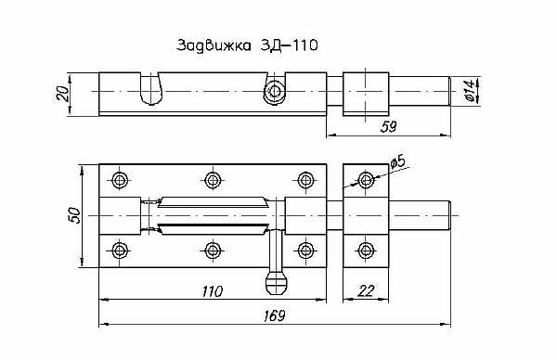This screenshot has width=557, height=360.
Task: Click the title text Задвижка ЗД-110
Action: pos(247,45)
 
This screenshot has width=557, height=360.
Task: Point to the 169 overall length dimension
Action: pos(275,315)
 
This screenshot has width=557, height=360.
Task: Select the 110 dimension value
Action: pos(212,291)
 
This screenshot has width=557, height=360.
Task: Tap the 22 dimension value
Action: pos(366,291)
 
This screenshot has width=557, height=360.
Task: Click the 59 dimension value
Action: pos(388,127)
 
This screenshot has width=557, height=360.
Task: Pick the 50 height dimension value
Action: pos(75,215)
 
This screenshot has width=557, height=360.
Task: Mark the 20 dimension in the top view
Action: pos(63,94)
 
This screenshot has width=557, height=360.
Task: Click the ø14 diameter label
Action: pos(470,91)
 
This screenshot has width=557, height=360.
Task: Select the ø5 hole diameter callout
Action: pos(398,161)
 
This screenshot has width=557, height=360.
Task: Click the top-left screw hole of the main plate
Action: pos(120,180)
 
